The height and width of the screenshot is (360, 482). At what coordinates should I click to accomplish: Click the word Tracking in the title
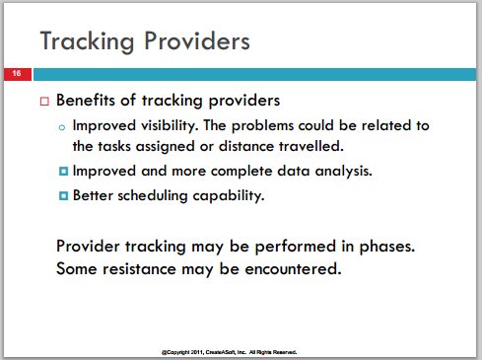pos(87,41)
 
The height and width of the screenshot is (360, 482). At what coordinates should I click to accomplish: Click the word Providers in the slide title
pos(197,40)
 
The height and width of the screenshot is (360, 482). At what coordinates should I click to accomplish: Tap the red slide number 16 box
pos(18,74)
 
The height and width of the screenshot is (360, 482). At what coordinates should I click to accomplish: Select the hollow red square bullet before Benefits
pos(44,101)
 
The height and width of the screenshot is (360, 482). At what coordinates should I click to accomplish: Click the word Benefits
pos(86,100)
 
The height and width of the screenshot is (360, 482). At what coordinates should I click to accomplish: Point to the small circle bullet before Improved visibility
pos(62,127)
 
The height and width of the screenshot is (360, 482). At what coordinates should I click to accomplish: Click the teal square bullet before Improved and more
pos(64,171)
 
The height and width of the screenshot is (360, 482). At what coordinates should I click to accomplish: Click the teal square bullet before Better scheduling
pos(64,196)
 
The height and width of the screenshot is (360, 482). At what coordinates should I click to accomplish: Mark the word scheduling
pos(153,196)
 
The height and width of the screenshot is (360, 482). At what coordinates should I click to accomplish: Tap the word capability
pos(229,196)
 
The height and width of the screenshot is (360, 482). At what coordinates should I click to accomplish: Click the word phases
pos(387,247)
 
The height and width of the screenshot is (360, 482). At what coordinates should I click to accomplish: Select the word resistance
pos(140,269)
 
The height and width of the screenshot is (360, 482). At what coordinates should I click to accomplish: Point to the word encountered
pos(293,269)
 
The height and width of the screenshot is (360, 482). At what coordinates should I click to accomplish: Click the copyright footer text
pos(229,352)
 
